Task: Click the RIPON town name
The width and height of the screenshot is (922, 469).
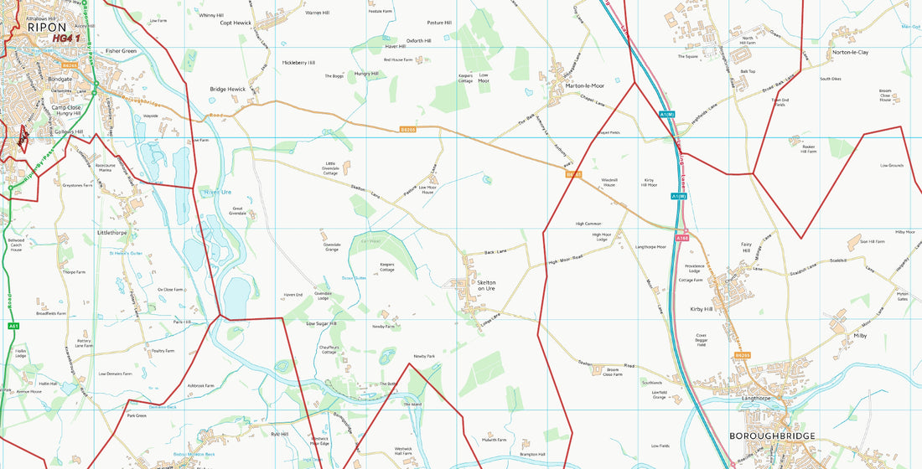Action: point(47,27)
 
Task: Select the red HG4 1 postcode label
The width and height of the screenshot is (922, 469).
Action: point(65,38)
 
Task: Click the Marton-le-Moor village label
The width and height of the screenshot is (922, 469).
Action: point(584,85)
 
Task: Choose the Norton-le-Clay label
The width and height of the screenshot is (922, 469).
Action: point(850,52)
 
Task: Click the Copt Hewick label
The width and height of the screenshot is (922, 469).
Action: point(236,23)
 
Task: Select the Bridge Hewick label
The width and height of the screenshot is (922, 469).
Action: point(227,89)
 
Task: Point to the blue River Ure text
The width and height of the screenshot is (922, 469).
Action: point(216,193)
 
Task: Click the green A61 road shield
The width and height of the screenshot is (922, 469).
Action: point(13,326)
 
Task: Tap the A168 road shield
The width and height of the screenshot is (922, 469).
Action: point(682,239)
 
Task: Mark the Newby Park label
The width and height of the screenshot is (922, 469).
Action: point(425,356)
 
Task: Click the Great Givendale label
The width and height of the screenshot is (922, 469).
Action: point(238,210)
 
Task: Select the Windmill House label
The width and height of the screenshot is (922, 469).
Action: point(609,182)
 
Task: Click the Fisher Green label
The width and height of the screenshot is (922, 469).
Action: point(121,51)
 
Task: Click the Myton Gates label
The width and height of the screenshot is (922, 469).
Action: point(902,296)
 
